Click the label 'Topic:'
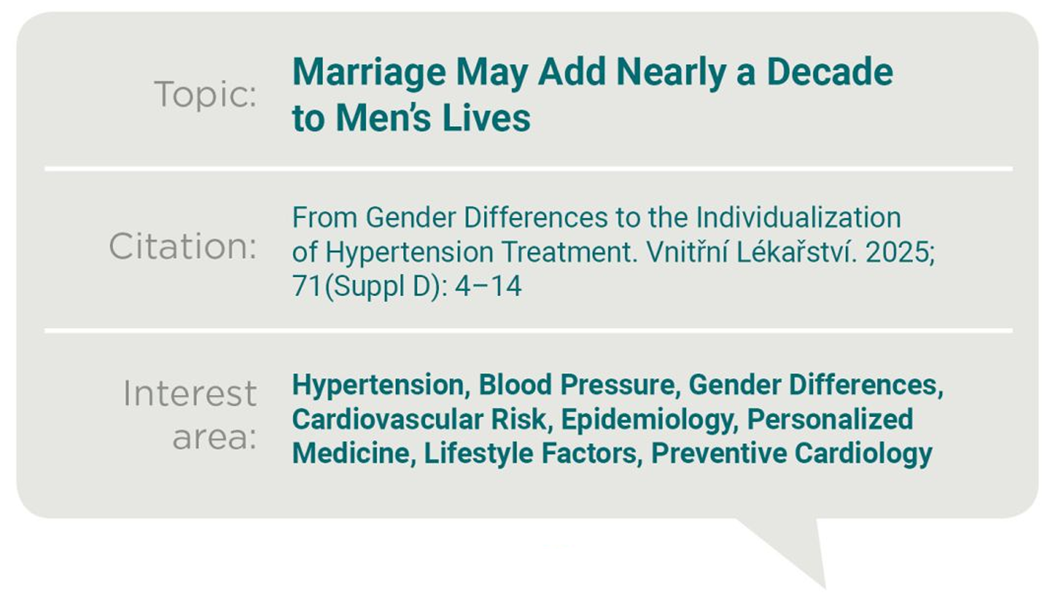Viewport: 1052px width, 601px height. pos(206,95)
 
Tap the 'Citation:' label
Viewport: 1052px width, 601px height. pos(183,246)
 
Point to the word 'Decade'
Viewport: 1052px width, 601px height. pos(829,72)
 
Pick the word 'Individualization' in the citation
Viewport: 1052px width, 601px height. pos(799,217)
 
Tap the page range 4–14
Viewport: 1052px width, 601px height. pos(488,286)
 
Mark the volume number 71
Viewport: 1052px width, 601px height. pos(307,286)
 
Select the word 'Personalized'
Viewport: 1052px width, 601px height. pos(830,419)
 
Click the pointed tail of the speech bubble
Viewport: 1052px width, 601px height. pos(825,588)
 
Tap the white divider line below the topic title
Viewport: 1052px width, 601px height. pos(529,169)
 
